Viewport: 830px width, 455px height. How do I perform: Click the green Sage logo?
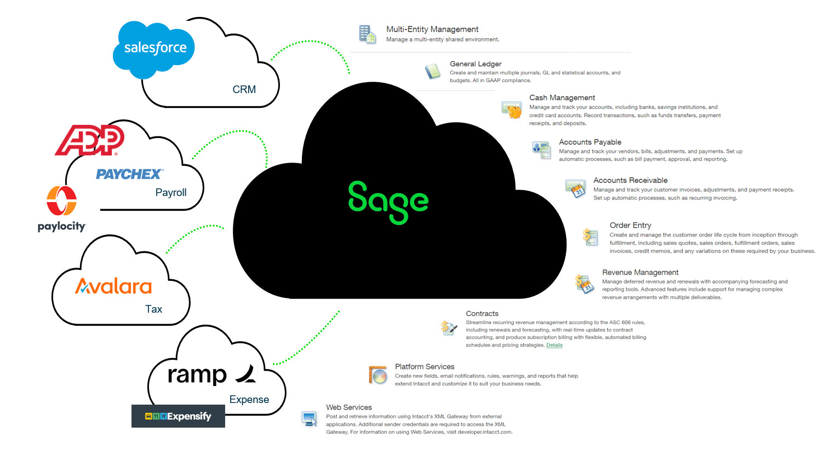tap(388, 201)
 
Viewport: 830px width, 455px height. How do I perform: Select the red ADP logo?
tap(90, 140)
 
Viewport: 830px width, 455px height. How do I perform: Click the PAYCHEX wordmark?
tap(129, 174)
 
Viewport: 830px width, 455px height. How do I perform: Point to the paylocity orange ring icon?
tap(61, 200)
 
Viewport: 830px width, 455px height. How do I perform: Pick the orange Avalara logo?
tap(113, 286)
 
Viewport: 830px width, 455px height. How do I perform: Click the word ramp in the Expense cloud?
tap(197, 375)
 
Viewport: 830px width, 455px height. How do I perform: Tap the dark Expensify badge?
tap(178, 416)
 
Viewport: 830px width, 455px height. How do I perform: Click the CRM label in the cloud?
tap(244, 89)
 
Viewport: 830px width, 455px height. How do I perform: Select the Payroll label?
tap(171, 192)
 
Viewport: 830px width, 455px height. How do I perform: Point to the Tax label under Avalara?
tap(153, 309)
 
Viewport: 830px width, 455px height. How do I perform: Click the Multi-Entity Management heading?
tap(432, 29)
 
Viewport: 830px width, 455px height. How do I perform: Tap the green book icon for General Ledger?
tap(433, 71)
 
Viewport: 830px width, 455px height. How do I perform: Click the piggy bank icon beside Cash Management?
tap(512, 110)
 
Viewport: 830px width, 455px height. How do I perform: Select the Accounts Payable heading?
tap(590, 142)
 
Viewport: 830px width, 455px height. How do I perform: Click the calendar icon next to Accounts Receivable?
tap(576, 188)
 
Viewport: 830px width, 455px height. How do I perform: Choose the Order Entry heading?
tap(630, 225)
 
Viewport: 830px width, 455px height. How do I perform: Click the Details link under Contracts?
tap(554, 345)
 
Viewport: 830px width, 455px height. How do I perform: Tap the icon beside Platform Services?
tap(378, 375)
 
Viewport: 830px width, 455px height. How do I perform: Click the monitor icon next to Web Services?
tap(310, 419)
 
